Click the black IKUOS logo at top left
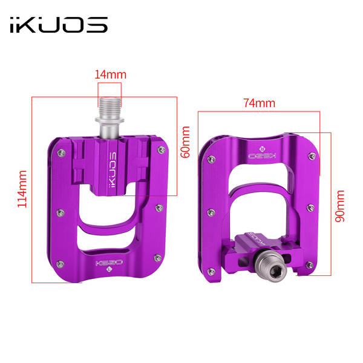[x=59, y=25]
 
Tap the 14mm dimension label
[x=111, y=75]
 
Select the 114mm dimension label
[x=22, y=189]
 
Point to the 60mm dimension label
[x=185, y=142]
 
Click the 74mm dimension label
[x=259, y=103]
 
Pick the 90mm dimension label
[x=340, y=206]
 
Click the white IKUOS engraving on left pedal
[x=112, y=169]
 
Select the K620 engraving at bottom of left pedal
[x=109, y=263]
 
